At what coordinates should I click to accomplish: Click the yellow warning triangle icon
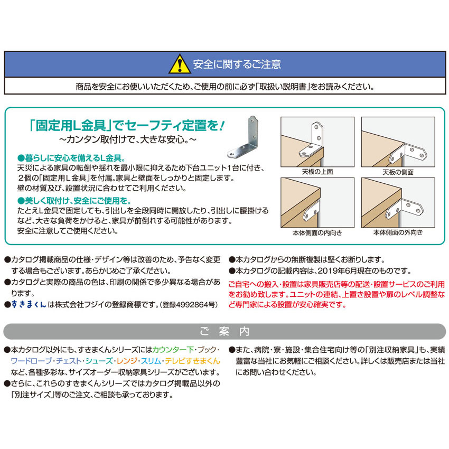click(x=179, y=64)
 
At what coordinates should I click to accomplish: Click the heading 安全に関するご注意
click(x=237, y=64)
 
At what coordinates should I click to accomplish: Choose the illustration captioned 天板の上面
click(x=317, y=142)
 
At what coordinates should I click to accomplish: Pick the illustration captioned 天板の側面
click(x=398, y=142)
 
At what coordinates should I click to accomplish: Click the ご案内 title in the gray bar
click(x=224, y=331)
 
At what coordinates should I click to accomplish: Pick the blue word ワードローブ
click(x=31, y=361)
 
